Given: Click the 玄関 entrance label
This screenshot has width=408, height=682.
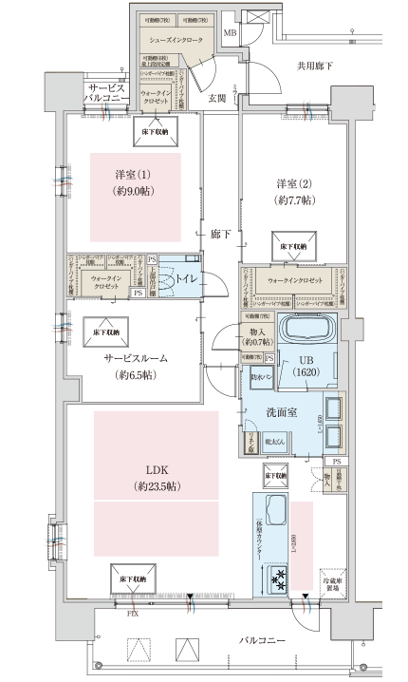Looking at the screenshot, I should [x=215, y=98].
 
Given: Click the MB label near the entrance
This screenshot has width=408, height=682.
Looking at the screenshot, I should [x=229, y=33].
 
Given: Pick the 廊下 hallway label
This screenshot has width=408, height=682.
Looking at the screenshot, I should [x=220, y=234].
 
